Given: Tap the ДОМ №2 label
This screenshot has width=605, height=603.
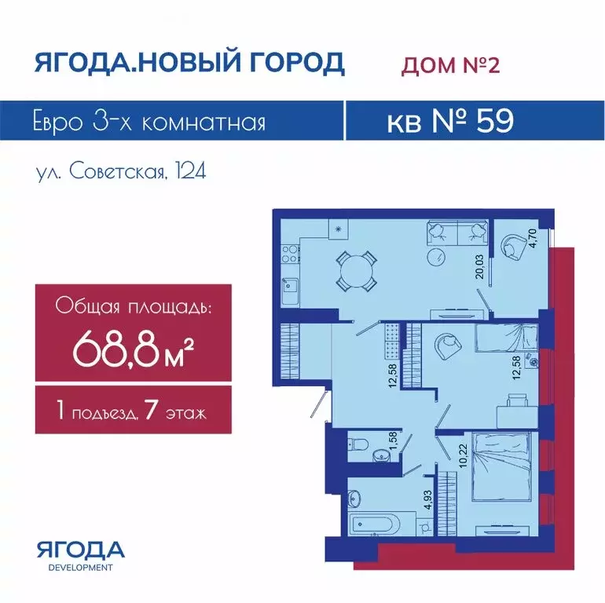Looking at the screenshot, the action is (x=450, y=64).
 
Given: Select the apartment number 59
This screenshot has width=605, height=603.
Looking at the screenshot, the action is (x=496, y=120).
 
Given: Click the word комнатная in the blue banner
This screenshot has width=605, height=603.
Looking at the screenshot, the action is (x=203, y=122).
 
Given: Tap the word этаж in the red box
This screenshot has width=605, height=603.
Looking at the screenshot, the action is (x=186, y=414).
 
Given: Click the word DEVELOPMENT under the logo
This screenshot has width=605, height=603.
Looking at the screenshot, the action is (x=81, y=568).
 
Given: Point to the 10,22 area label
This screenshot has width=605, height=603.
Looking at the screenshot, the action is (x=463, y=455).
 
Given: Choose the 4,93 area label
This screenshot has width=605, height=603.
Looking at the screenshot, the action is (x=427, y=500).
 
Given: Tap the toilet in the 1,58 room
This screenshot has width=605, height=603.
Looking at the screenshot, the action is (x=357, y=445).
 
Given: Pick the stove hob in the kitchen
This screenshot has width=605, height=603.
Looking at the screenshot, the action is (x=291, y=254).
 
